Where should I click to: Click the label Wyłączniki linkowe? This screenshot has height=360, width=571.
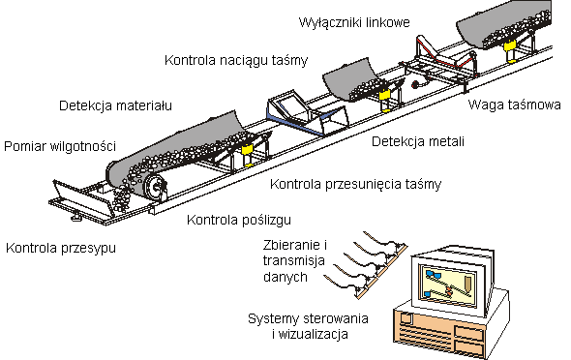354,22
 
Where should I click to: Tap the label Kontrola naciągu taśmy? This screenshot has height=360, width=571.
236,60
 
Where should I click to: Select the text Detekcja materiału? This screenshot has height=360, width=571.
115,105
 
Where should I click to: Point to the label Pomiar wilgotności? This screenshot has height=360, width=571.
60,147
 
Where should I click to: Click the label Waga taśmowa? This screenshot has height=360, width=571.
514,105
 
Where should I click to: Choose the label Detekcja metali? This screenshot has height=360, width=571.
418,141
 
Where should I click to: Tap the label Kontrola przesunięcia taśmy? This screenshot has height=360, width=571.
355,185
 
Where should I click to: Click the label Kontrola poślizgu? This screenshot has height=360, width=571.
239,221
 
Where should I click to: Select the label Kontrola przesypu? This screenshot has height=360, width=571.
61,249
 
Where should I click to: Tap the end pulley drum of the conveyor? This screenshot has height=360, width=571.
155,188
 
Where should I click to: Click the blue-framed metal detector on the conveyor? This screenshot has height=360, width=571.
307,112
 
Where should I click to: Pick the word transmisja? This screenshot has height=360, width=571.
293,261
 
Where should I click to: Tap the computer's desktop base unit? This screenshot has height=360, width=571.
451,325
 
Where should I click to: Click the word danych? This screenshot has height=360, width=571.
285,277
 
